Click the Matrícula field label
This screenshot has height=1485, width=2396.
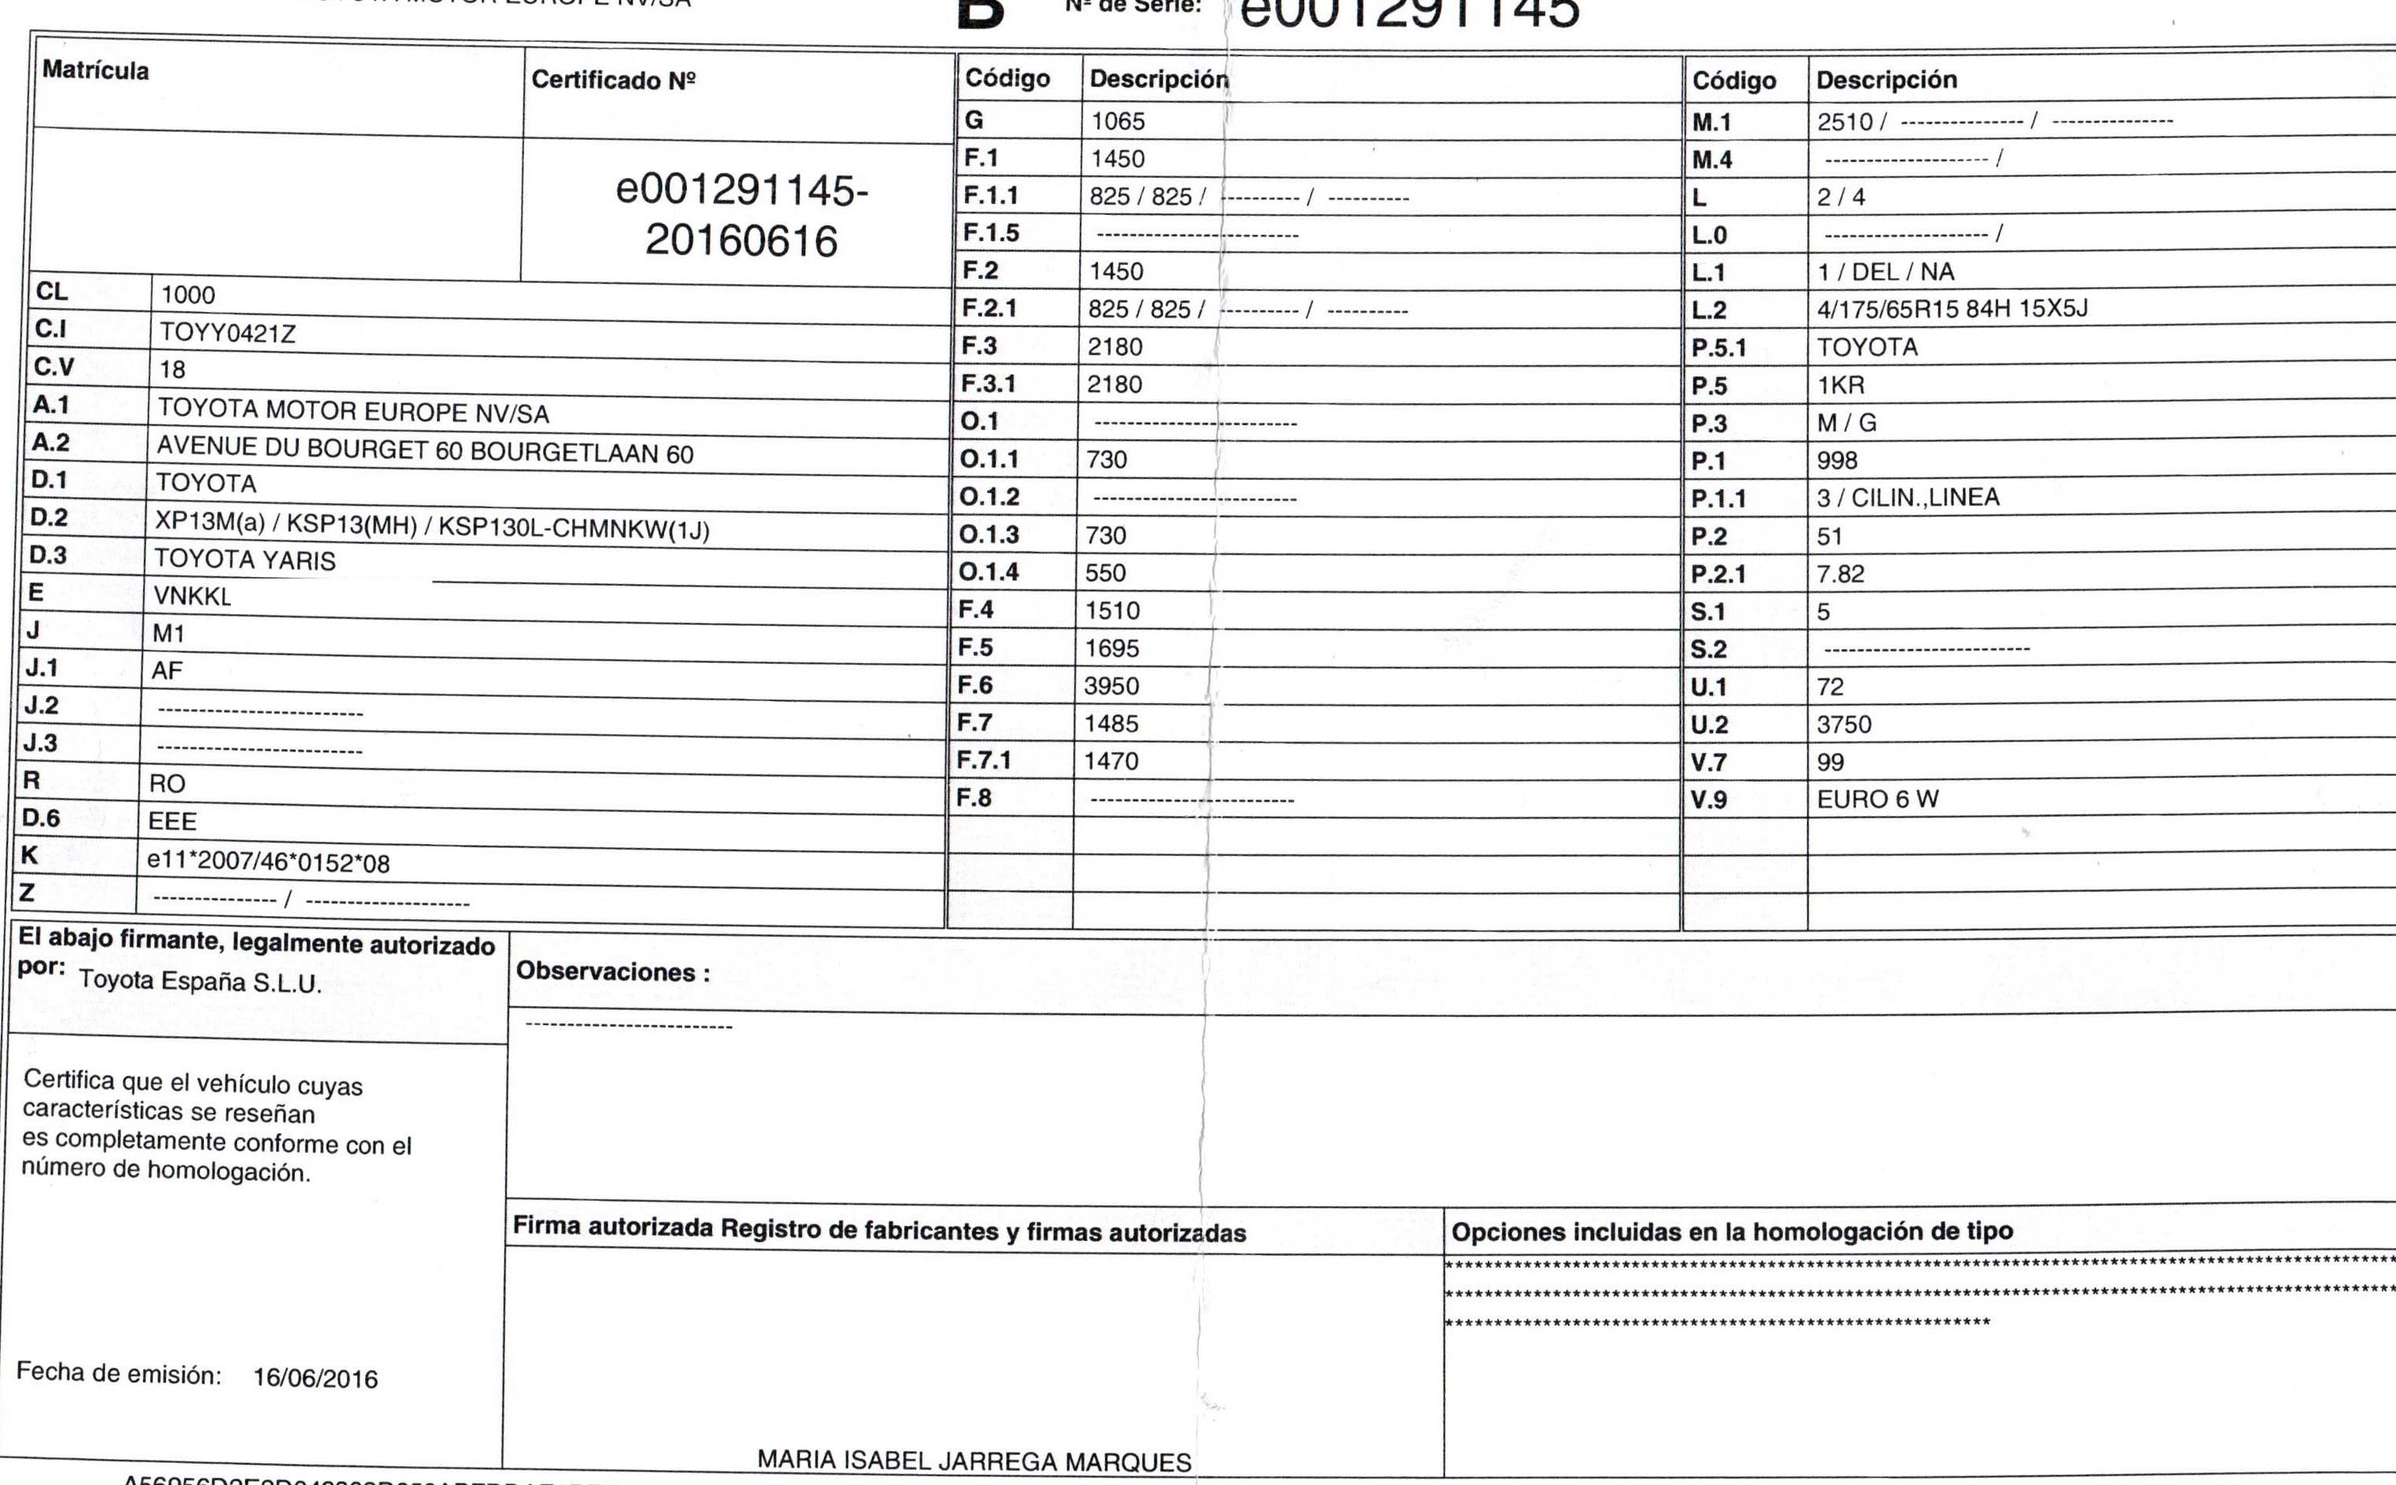(x=96, y=70)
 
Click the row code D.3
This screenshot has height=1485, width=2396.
(x=48, y=555)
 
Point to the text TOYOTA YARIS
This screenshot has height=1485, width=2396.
(x=244, y=560)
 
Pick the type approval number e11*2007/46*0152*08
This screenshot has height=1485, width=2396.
(x=268, y=862)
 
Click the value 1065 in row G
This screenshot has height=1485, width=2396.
(x=1118, y=121)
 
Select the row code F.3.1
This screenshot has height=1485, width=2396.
(x=988, y=383)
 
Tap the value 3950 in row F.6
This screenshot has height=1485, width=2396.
(x=1111, y=685)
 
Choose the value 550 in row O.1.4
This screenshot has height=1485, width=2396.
(x=1105, y=573)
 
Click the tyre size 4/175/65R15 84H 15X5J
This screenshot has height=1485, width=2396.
(x=1952, y=308)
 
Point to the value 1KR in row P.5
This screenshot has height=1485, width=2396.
(x=1840, y=385)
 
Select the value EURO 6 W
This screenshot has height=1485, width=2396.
(x=1877, y=798)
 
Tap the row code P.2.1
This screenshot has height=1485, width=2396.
(x=1719, y=574)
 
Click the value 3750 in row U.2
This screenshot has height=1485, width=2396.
(x=1844, y=724)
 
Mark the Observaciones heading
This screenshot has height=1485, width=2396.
(x=613, y=971)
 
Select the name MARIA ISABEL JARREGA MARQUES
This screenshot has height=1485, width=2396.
(x=974, y=1461)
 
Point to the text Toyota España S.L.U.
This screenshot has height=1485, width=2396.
(x=201, y=981)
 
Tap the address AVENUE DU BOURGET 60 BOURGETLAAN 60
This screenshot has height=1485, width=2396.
(x=425, y=450)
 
